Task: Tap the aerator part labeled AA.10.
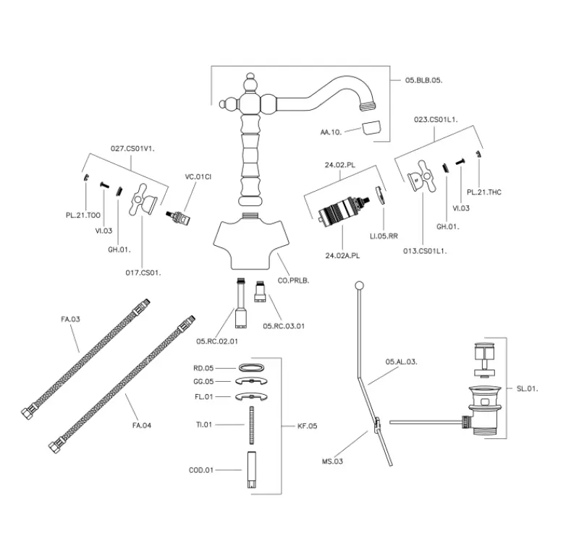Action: pos(370,130)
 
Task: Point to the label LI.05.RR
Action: pos(384,235)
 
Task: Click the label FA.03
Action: pos(69,317)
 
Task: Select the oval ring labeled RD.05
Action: pos(250,368)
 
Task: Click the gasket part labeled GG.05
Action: pos(250,381)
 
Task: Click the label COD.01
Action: pos(200,470)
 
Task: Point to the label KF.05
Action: pos(308,426)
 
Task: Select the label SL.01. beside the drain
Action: pos(528,388)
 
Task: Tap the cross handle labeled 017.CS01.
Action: pos(142,206)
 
